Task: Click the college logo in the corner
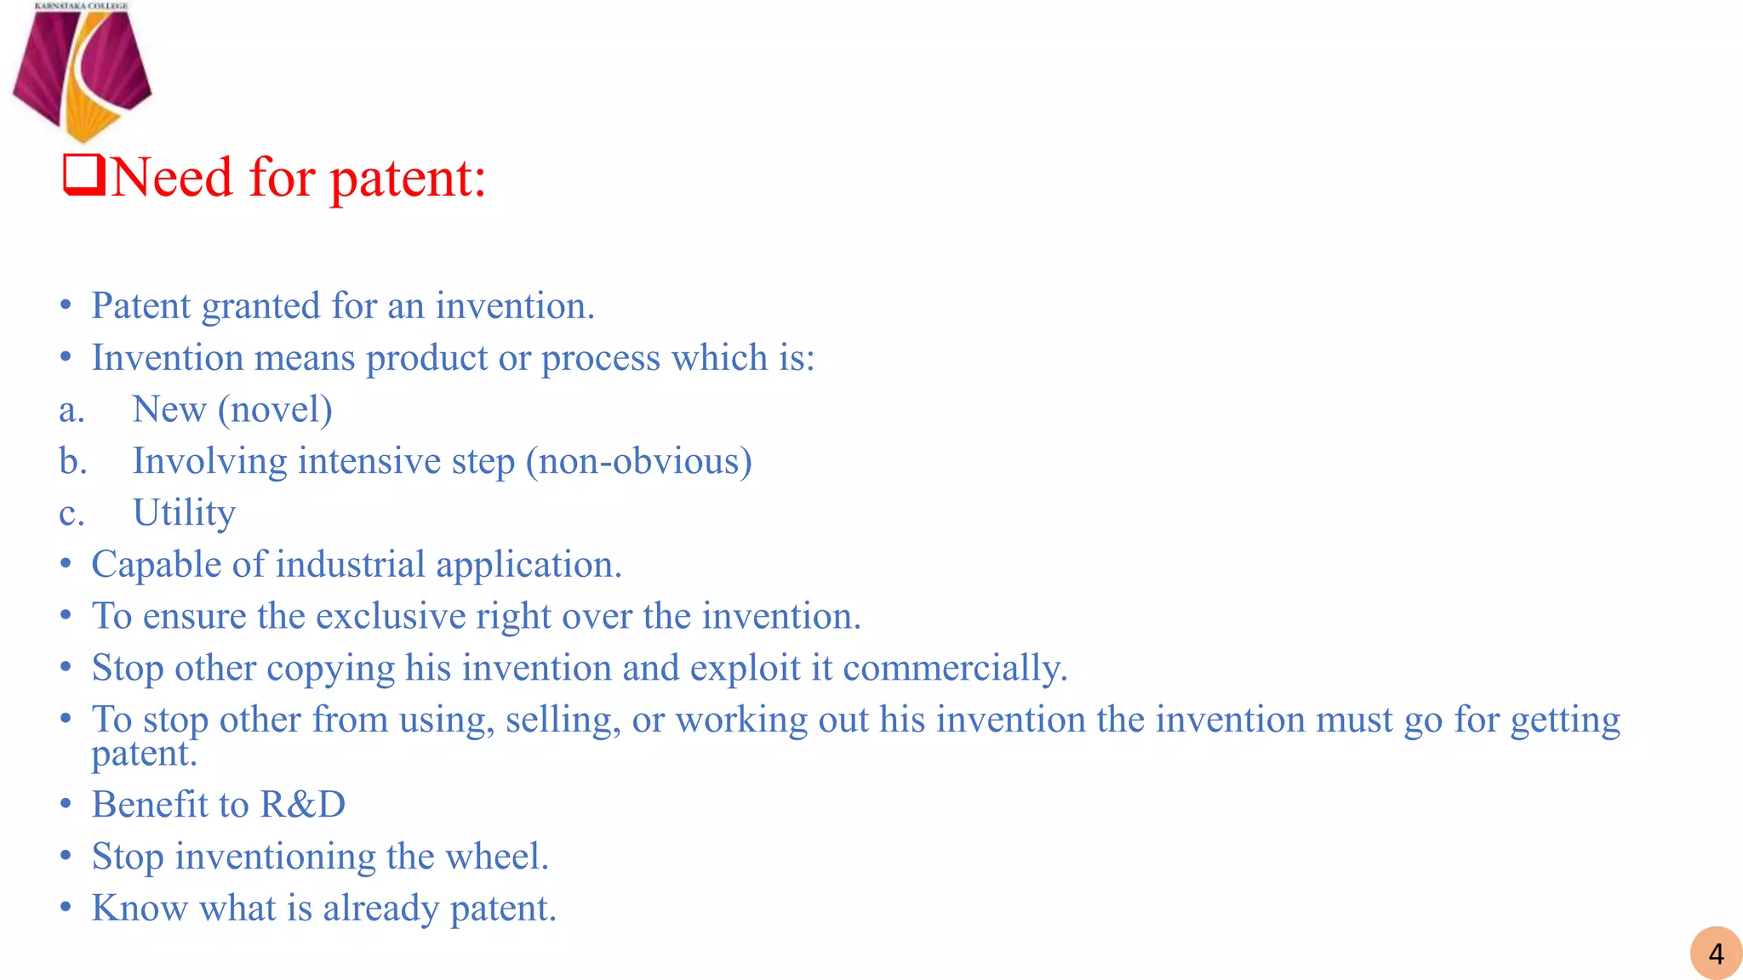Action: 82,72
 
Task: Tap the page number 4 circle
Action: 1716,954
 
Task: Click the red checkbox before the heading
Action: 84,174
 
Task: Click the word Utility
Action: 184,513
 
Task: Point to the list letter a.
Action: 71,410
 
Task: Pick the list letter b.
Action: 72,462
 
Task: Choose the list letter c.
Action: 71,514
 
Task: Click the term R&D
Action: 303,805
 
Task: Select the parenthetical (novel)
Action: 275,410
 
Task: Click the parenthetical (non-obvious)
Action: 638,462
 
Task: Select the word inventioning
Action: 275,857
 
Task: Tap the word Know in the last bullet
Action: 140,909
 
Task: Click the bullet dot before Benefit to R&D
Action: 66,804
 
